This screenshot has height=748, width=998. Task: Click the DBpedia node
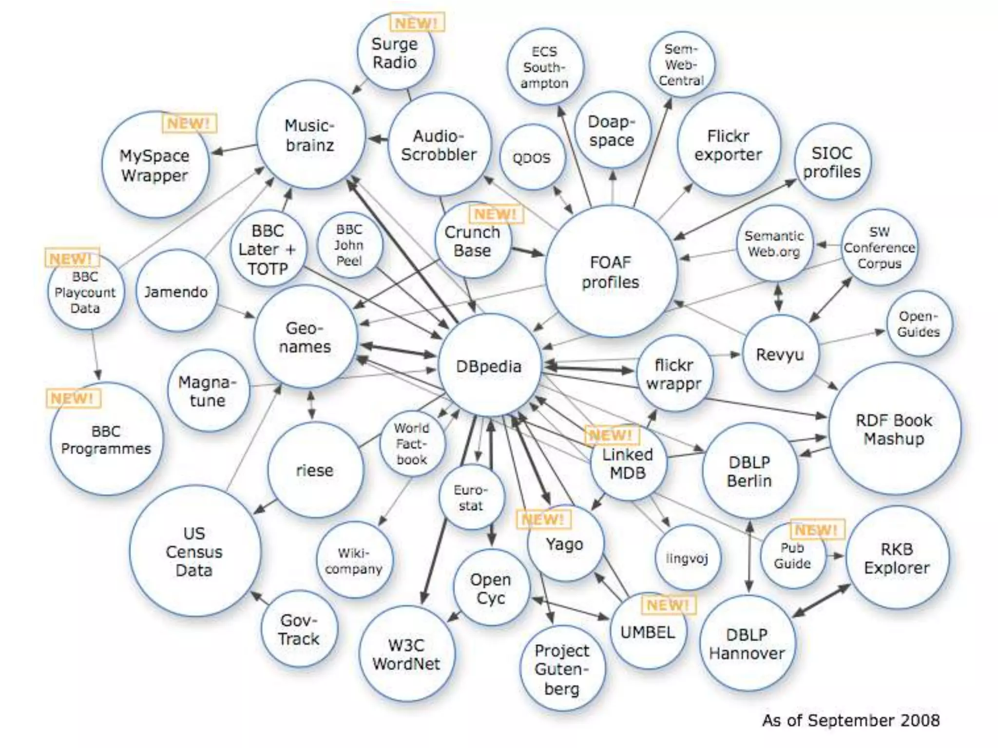click(489, 366)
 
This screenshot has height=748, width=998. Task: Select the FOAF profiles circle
click(611, 272)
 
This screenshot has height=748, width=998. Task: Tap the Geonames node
click(305, 337)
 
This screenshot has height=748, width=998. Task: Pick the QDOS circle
click(532, 158)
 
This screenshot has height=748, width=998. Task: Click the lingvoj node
click(687, 558)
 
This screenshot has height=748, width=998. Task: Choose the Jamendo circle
click(176, 292)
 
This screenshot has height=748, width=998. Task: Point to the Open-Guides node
click(918, 324)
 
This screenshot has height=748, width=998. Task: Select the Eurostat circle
click(471, 498)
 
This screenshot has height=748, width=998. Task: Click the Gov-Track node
click(299, 629)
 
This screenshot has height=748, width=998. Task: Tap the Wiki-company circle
click(354, 561)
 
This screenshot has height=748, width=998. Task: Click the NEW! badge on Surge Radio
click(417, 22)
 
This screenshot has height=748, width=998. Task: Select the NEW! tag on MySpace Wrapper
click(189, 123)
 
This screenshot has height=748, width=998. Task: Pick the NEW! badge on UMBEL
click(668, 605)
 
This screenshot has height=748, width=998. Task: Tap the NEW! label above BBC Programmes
click(72, 398)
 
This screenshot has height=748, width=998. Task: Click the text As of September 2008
click(851, 720)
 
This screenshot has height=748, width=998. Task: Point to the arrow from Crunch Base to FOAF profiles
click(527, 251)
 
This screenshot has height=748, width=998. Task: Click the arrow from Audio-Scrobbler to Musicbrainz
click(377, 139)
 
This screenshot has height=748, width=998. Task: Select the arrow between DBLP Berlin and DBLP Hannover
click(749, 557)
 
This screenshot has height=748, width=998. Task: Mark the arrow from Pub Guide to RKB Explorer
click(836, 556)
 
